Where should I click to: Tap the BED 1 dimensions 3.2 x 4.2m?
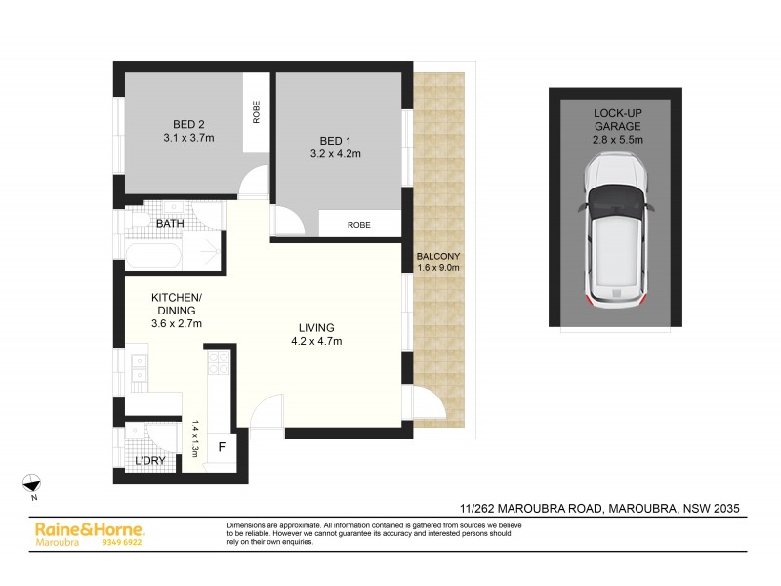[x=335, y=153]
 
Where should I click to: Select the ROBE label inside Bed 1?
[x=358, y=225]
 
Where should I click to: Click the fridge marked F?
[x=222, y=448]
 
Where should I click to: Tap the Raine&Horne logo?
[x=75, y=528]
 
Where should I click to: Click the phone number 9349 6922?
[x=122, y=541]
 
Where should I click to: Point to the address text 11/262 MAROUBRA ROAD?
[x=532, y=508]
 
